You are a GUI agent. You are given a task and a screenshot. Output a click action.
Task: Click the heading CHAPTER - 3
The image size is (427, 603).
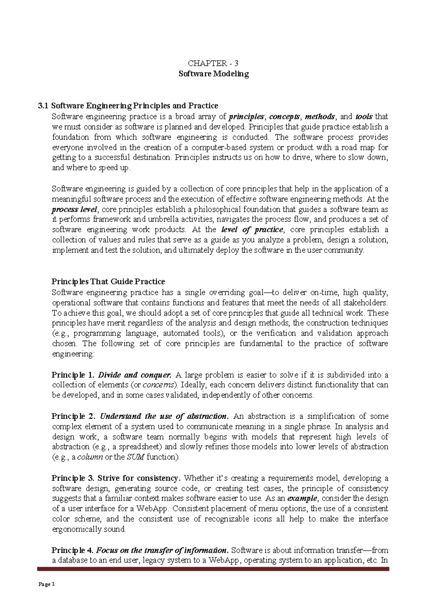click(213, 64)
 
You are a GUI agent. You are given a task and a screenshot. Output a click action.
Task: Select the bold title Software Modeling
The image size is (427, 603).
click(213, 74)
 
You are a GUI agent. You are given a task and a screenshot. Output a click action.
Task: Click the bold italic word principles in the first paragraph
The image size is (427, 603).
click(247, 116)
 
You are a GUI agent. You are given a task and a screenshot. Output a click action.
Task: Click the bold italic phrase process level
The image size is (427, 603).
click(74, 209)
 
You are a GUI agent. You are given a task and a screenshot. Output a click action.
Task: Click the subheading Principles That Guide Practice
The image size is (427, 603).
click(108, 282)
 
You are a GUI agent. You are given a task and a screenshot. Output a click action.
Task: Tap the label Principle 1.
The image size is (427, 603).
click(73, 375)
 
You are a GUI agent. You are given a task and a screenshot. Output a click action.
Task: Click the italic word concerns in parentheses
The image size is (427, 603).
click(163, 385)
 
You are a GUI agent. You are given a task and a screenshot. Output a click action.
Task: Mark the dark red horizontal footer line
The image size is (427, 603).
click(213, 569)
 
